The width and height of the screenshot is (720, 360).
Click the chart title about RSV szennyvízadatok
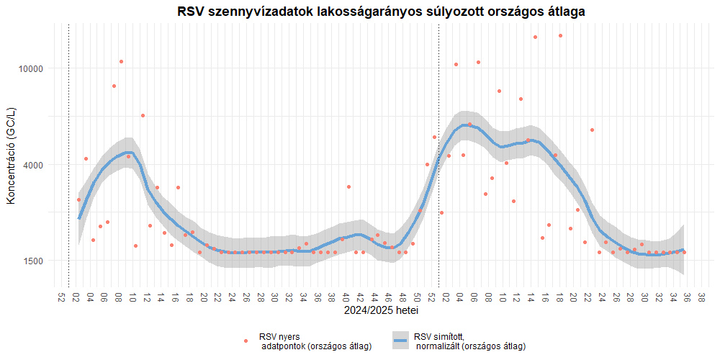point(381,12)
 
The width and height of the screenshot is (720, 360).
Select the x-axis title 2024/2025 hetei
point(381,312)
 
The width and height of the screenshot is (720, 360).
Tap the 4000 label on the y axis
point(33,165)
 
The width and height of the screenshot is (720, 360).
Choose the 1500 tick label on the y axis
point(33,261)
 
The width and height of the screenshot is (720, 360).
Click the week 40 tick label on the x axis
point(346,297)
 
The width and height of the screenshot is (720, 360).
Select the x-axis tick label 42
point(360,297)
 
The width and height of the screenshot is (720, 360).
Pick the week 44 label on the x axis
point(374,297)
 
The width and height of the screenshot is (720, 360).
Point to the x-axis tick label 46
point(388,297)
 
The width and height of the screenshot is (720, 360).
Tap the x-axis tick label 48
point(402,297)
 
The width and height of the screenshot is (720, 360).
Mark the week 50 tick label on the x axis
point(417,297)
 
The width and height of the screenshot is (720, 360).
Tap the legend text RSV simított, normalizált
point(469,341)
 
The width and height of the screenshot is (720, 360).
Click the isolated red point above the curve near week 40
point(348,186)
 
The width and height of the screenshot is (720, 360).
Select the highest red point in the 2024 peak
point(121,62)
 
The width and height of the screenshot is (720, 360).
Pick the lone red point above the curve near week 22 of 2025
point(592,130)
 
